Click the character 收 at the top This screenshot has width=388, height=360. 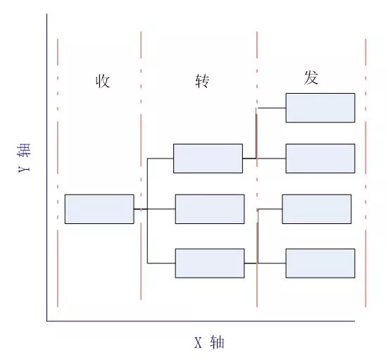[x=103, y=81]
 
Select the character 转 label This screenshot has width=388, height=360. [x=202, y=81]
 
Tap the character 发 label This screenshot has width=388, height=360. [x=311, y=78]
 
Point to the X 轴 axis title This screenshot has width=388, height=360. [x=209, y=343]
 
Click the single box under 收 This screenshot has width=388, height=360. [x=99, y=209]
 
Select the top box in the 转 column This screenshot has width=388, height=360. [x=208, y=159]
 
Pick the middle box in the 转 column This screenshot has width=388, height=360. [x=209, y=209]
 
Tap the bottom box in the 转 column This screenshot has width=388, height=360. [x=209, y=263]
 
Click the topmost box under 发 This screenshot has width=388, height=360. [x=320, y=108]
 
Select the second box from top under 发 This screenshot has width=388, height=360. [x=320, y=159]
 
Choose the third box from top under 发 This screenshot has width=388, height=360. [x=316, y=209]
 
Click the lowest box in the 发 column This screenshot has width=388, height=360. [x=320, y=263]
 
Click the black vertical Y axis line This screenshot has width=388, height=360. [x=47, y=169]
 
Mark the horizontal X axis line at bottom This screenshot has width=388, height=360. [x=211, y=321]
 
